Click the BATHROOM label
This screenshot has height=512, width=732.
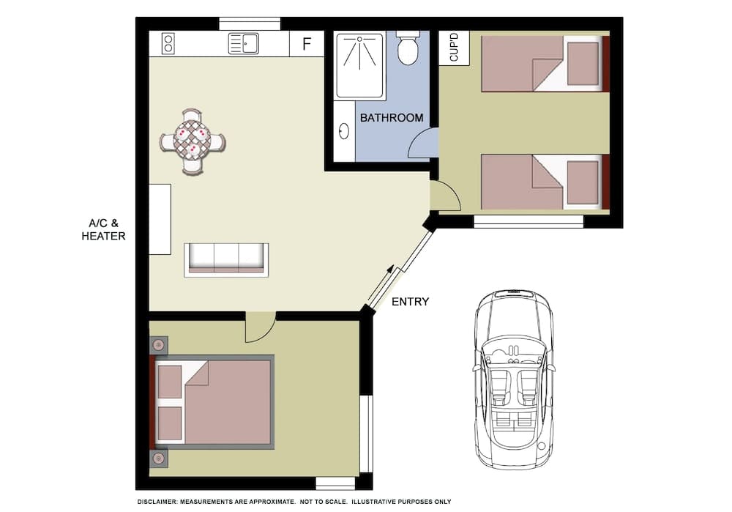click(391, 118)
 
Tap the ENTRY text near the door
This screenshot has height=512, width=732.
click(411, 301)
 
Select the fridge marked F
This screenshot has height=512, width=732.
click(307, 44)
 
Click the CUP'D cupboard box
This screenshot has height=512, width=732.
click(454, 48)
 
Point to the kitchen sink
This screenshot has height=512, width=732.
click(244, 44)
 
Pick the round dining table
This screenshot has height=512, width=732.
click(193, 141)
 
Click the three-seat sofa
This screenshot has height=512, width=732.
click(226, 259)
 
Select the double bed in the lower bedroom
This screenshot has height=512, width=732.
click(212, 401)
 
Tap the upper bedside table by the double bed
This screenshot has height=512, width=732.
click(158, 345)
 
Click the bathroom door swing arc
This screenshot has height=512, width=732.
click(422, 144)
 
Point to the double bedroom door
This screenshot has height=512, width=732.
click(260, 328)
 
